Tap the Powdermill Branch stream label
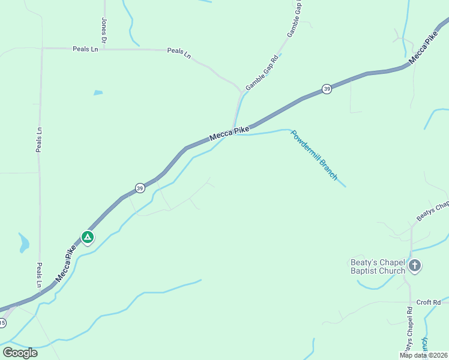click(315, 154)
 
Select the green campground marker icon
click(88, 237)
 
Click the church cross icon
click(414, 265)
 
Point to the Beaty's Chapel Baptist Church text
click(378, 266)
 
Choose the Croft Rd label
click(429, 302)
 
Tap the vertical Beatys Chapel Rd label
click(408, 329)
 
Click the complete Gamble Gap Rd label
click(262, 73)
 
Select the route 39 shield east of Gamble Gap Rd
click(327, 89)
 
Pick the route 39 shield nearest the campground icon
click(139, 188)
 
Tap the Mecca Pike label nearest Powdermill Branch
click(229, 134)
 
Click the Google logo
click(20, 352)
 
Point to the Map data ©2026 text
click(423, 355)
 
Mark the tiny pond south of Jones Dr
click(98, 92)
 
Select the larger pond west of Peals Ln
click(24, 243)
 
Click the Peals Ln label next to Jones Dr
click(85, 49)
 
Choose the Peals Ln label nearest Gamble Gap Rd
click(179, 53)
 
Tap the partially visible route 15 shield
click(2, 323)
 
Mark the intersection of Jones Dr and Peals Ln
click(104, 49)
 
